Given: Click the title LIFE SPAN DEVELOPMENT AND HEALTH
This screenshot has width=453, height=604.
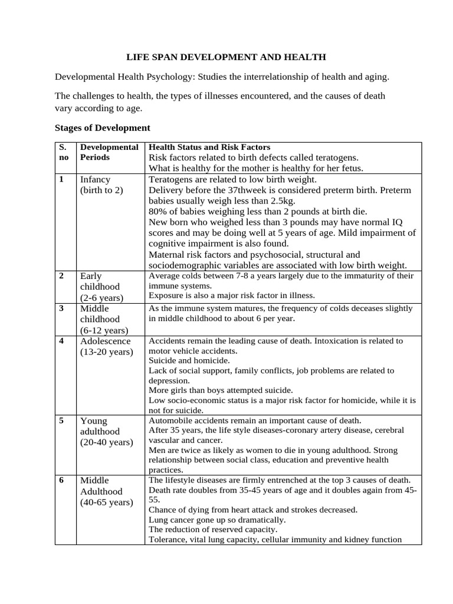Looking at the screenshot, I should pyautogui.click(x=226, y=57).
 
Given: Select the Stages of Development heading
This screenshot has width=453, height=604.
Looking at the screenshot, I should pyautogui.click(x=102, y=127).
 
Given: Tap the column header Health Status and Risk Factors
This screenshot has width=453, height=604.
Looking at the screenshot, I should pyautogui.click(x=209, y=147).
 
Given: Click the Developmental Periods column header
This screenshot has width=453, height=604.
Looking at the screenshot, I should pyautogui.click(x=109, y=152).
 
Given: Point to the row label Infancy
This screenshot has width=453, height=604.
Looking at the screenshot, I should pyautogui.click(x=95, y=179).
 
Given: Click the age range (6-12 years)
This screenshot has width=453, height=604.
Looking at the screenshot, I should pyautogui.click(x=104, y=330).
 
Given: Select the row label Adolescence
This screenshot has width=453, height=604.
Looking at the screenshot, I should pyautogui.click(x=105, y=341).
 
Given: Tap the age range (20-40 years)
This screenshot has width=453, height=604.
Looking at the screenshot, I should pyautogui.click(x=106, y=442).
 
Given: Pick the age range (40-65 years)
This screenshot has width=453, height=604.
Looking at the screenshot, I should pyautogui.click(x=106, y=503).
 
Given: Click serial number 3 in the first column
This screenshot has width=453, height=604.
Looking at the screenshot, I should pyautogui.click(x=61, y=308).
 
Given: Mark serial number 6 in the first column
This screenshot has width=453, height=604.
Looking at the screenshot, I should pyautogui.click(x=61, y=480).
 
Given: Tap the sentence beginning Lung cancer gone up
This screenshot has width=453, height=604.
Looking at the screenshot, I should pyautogui.click(x=217, y=520).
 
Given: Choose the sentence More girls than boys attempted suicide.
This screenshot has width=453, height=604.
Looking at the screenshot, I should pyautogui.click(x=221, y=390).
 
